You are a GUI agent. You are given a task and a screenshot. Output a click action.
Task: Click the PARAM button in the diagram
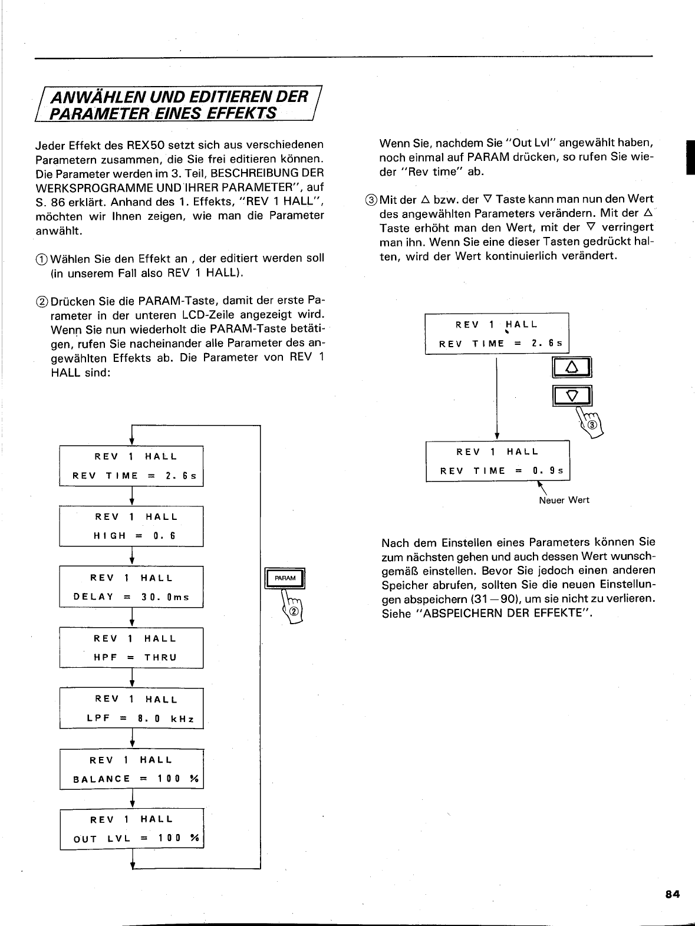click(x=285, y=579)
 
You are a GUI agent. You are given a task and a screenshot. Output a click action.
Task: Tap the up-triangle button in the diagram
click(x=571, y=368)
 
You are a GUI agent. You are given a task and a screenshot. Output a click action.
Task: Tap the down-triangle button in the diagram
click(x=571, y=395)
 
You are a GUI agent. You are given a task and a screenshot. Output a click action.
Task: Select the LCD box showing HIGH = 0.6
click(x=131, y=526)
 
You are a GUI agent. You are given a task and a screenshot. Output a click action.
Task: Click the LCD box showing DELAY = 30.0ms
click(x=131, y=587)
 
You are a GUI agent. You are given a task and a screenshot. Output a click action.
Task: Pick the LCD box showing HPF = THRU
click(x=131, y=648)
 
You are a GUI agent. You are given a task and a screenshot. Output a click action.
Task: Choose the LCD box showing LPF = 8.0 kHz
click(x=131, y=708)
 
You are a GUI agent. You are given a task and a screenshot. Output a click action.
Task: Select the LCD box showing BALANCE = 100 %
click(x=131, y=769)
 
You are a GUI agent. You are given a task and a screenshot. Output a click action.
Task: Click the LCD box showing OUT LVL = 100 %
click(x=131, y=829)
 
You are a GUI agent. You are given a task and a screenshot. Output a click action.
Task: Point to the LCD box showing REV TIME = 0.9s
click(x=498, y=461)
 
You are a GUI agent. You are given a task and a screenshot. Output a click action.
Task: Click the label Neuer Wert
click(x=564, y=500)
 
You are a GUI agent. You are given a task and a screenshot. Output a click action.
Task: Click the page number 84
click(x=673, y=894)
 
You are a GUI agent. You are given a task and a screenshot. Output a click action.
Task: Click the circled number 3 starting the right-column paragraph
click(x=372, y=200)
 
